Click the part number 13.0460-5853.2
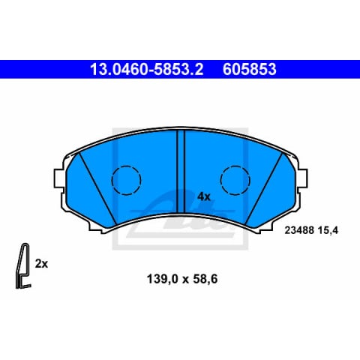(x=146, y=69)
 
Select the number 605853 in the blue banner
(x=249, y=69)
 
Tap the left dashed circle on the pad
(x=126, y=180)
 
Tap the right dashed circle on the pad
(x=235, y=180)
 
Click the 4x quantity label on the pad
(x=204, y=197)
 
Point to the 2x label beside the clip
(x=41, y=264)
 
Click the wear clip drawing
(x=23, y=265)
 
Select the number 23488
(x=299, y=230)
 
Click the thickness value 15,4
(x=328, y=230)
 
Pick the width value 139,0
(x=163, y=279)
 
